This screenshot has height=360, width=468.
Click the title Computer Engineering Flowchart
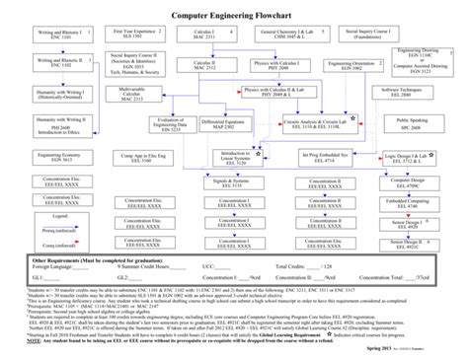234,17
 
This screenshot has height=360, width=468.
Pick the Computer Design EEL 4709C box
405,183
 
